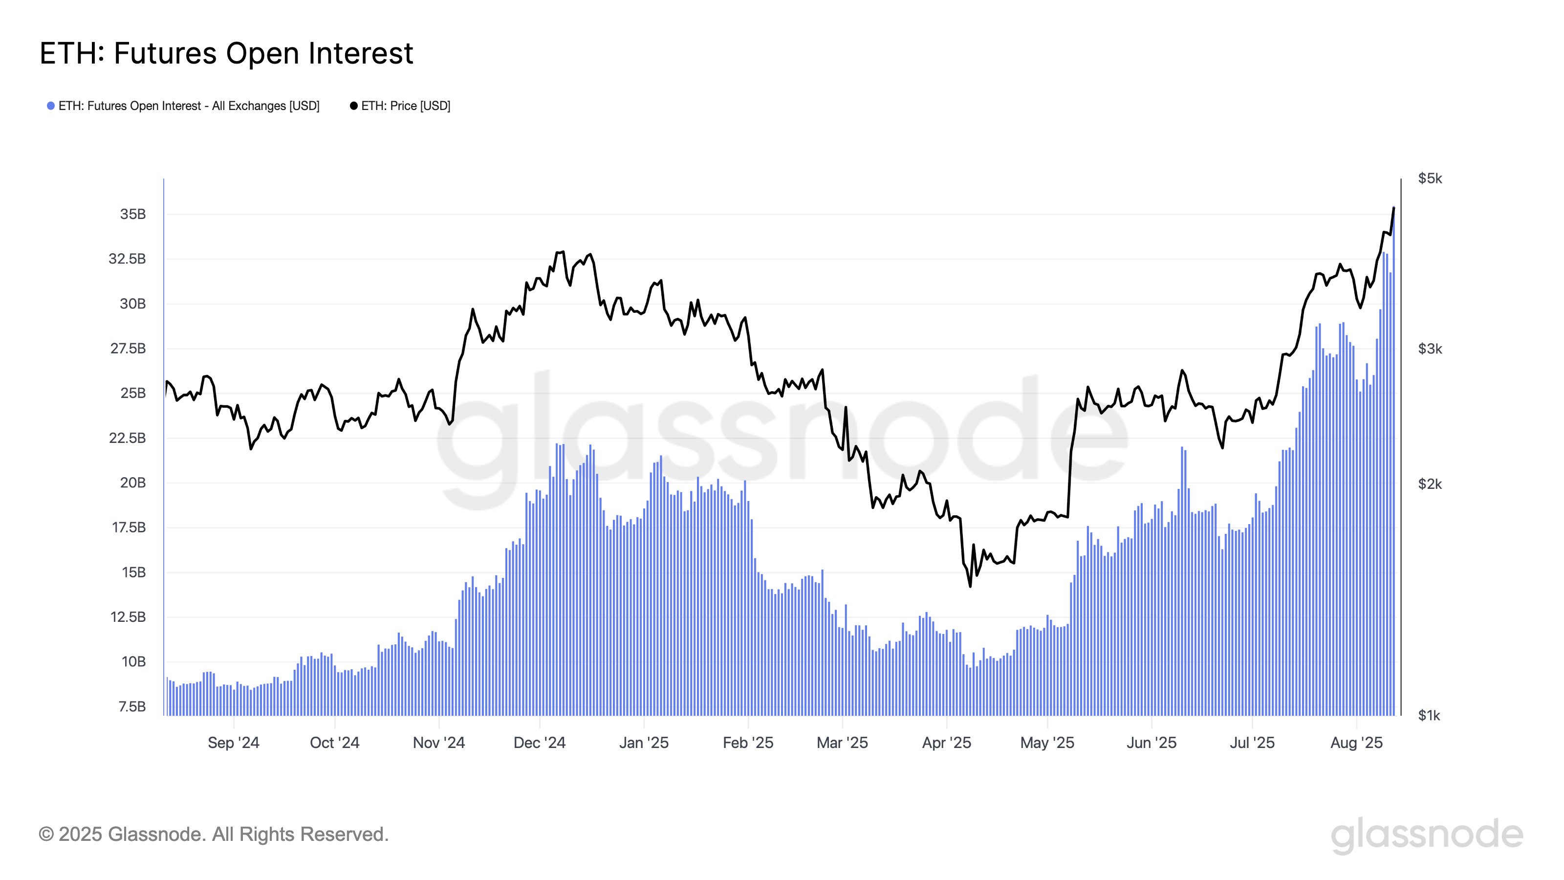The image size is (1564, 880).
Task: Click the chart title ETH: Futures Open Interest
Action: pyautogui.click(x=226, y=53)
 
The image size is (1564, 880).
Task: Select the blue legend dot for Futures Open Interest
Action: pyautogui.click(x=51, y=106)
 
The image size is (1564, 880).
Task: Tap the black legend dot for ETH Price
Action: pyautogui.click(x=353, y=106)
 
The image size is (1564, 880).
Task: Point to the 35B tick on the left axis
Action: pyautogui.click(x=133, y=215)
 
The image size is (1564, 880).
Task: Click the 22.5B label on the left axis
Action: pyautogui.click(x=128, y=439)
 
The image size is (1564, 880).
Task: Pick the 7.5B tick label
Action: pyautogui.click(x=132, y=707)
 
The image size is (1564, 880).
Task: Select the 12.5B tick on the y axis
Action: pyautogui.click(x=128, y=617)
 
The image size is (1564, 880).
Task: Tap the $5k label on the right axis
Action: pyautogui.click(x=1430, y=178)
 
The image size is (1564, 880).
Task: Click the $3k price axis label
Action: pyautogui.click(x=1430, y=349)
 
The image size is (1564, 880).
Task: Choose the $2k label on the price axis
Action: pyautogui.click(x=1430, y=484)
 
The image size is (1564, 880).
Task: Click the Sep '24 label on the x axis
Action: pyautogui.click(x=234, y=743)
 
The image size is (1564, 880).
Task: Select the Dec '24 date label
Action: pyautogui.click(x=539, y=743)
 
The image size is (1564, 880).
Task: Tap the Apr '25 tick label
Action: pyautogui.click(x=947, y=743)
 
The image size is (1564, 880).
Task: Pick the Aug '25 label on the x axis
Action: pyautogui.click(x=1356, y=743)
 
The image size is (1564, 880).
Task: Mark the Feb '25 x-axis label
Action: pyautogui.click(x=748, y=743)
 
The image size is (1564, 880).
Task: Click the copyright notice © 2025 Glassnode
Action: pyautogui.click(x=214, y=835)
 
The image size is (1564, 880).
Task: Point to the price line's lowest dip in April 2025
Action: pyautogui.click(x=970, y=586)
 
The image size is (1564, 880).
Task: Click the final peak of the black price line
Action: pyautogui.click(x=1393, y=208)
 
